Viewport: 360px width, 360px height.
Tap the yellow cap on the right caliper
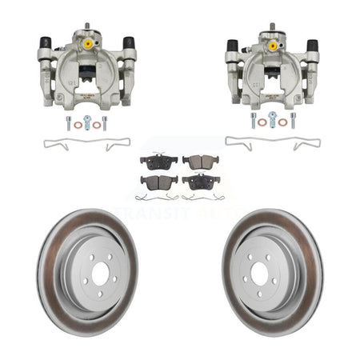[x=273, y=46]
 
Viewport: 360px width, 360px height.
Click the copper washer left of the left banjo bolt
[x=78, y=125]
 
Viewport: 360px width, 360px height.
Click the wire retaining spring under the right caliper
[x=273, y=144]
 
